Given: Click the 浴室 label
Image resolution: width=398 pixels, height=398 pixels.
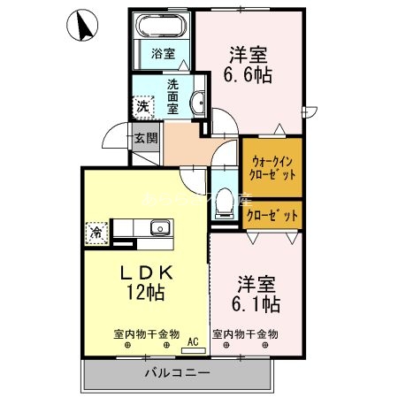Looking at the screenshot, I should click(x=162, y=53).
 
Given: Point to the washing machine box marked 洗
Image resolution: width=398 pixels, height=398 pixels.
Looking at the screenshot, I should click(x=143, y=106).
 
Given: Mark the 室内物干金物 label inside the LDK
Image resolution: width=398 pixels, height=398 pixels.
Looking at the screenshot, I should click(x=146, y=334).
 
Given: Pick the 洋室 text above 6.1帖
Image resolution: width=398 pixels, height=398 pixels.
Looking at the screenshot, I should click(x=258, y=285).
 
